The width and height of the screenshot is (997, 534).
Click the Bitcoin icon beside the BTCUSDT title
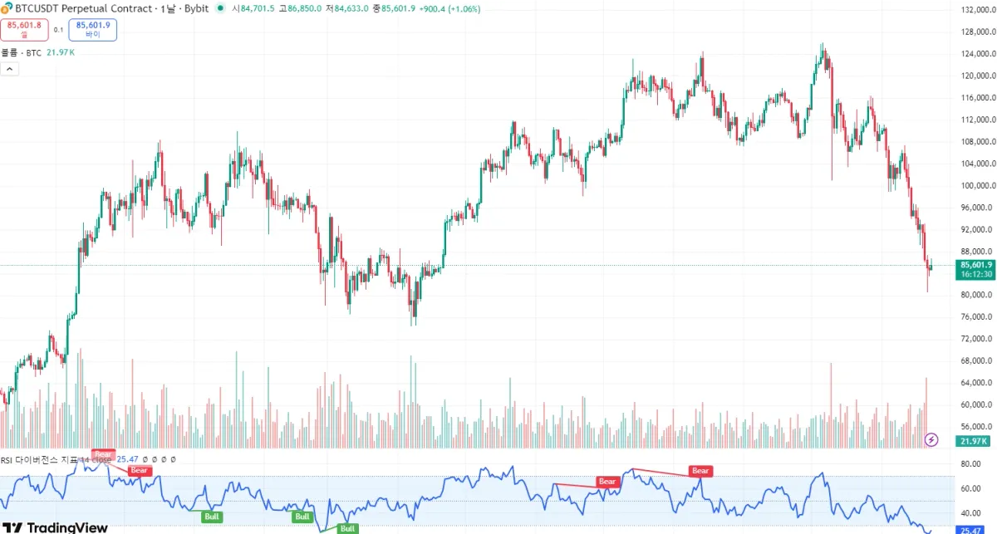(x=7, y=7)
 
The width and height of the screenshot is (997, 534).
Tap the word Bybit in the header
(x=196, y=8)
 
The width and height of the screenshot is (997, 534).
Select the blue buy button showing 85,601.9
(x=93, y=30)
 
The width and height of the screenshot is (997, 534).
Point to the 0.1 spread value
(x=58, y=30)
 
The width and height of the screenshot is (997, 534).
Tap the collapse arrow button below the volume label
(x=10, y=69)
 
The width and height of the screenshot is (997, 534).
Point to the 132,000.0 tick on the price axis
(x=976, y=10)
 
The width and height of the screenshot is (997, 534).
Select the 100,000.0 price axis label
(x=976, y=186)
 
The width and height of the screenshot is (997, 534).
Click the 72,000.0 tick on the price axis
(x=976, y=339)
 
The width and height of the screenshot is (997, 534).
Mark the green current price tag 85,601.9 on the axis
(x=975, y=265)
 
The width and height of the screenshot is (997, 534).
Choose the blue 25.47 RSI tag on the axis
(x=970, y=530)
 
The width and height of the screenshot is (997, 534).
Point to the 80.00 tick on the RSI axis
(x=970, y=464)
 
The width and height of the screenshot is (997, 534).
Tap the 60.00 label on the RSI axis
(x=970, y=489)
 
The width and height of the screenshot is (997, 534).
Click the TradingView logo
(x=56, y=527)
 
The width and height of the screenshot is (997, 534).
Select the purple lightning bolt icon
(x=932, y=439)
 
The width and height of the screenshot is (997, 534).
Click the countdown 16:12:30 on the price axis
(x=975, y=274)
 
